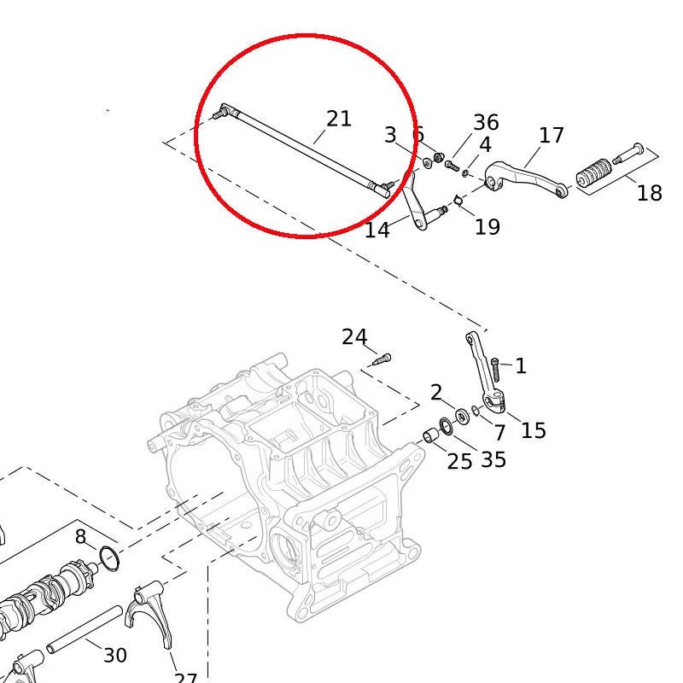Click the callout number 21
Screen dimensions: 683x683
[339, 119]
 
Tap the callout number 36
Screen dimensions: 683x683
[486, 123]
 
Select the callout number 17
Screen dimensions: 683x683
[552, 135]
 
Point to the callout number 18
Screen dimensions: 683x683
[649, 193]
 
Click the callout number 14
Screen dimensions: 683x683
[377, 230]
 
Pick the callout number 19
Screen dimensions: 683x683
[487, 227]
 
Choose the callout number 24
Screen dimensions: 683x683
[354, 337]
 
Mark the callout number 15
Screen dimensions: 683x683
[533, 430]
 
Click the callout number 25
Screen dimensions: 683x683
[459, 462]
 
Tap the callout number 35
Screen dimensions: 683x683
[493, 459]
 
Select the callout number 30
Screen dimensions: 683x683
[115, 655]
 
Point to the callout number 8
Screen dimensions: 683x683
[80, 537]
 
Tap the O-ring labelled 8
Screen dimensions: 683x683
[108, 558]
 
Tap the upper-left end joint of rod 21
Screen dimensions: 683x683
[223, 111]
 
